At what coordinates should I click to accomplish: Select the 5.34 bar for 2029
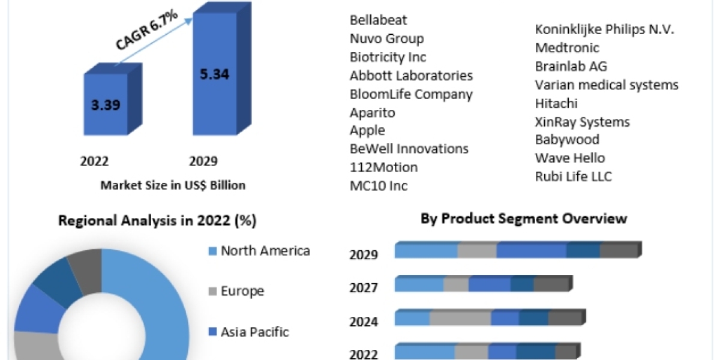tap(214, 75)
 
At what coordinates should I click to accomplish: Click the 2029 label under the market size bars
tap(203, 161)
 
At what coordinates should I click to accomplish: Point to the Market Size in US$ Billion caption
tap(173, 185)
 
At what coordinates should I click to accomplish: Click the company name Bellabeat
tap(378, 20)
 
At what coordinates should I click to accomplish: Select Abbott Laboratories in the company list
tap(411, 76)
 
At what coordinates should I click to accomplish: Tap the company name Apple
tap(367, 130)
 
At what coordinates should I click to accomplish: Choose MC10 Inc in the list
tap(379, 185)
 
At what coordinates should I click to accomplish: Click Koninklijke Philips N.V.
tap(604, 29)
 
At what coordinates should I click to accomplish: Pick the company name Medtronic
tap(567, 48)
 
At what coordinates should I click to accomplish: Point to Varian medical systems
tap(607, 85)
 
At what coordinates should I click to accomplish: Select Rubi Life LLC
tap(573, 176)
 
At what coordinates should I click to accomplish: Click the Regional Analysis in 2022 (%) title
tap(157, 221)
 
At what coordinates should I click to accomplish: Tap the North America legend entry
tap(265, 251)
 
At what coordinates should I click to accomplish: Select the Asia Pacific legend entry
tap(254, 332)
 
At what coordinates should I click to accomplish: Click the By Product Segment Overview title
tap(523, 218)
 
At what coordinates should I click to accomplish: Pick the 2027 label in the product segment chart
tap(364, 289)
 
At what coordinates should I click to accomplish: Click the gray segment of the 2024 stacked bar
tap(460, 318)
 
